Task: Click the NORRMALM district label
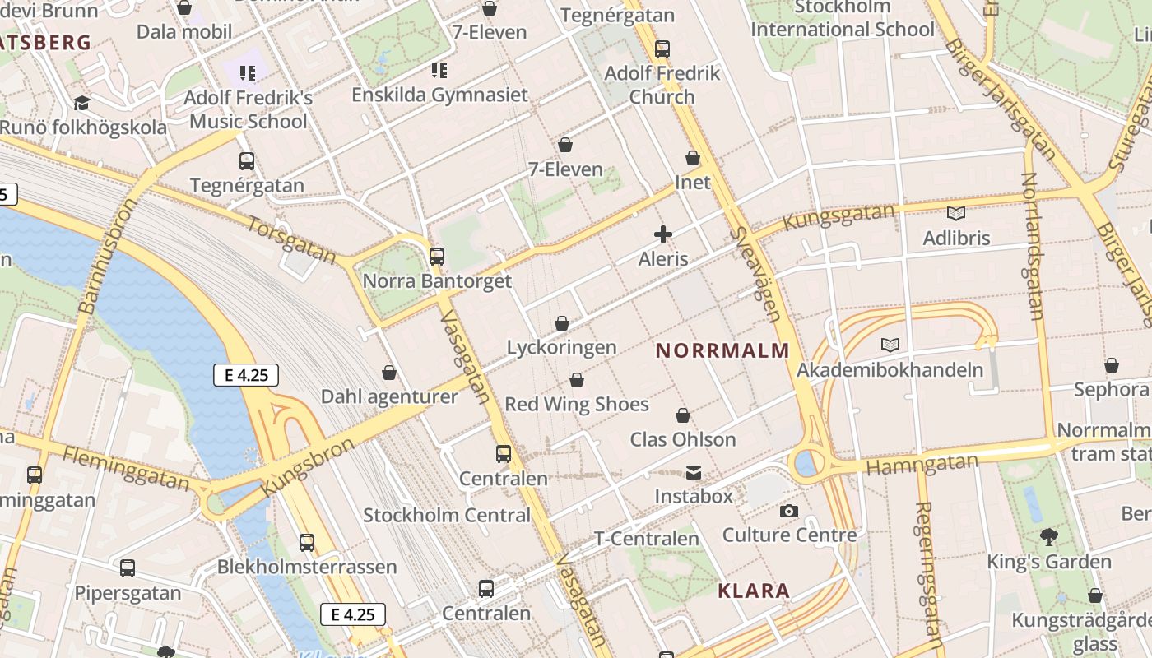(722, 350)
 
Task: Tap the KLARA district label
(754, 591)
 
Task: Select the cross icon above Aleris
(663, 235)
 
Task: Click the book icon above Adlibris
(956, 214)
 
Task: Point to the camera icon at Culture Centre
(789, 512)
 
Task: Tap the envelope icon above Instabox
(694, 473)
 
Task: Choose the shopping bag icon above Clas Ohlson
(683, 415)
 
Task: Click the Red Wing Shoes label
(577, 404)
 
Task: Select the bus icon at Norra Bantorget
(437, 257)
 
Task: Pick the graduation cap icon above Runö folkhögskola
(81, 104)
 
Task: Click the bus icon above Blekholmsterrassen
(307, 543)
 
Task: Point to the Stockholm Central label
(447, 516)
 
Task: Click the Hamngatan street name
(922, 465)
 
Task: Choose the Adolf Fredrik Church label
(662, 85)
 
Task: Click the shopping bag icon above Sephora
(1112, 365)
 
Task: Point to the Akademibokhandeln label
(890, 369)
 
